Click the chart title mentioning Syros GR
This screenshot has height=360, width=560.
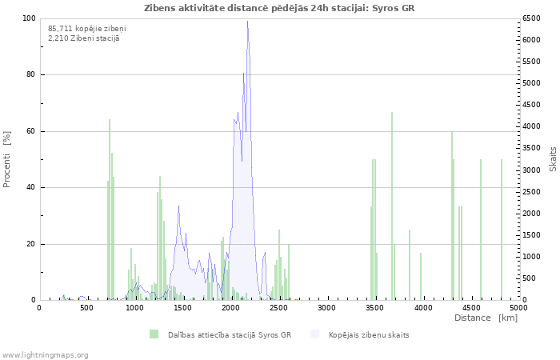pos(279,8)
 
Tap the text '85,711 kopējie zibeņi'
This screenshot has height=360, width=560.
pos(86,29)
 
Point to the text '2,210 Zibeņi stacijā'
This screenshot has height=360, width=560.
pos(84,38)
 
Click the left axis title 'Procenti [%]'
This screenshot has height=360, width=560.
pos(6,159)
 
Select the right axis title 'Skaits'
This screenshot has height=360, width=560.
pos(553,159)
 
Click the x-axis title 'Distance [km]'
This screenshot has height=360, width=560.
pos(486,318)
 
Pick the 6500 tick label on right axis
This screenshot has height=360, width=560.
pos(531,18)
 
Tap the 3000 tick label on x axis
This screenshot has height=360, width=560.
pos(326,307)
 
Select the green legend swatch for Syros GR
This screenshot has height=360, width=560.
pos(154,334)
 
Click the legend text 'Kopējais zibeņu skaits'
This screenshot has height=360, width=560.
pos(369,335)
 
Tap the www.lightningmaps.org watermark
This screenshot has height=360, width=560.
pos(45,355)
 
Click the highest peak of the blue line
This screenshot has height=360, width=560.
pos(247,22)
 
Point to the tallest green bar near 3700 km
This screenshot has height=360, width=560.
pos(392,206)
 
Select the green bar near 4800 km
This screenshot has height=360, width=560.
pos(502,230)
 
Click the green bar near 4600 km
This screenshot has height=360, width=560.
pos(481,230)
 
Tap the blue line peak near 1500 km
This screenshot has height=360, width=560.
pos(178,206)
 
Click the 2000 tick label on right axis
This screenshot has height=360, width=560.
pos(531,214)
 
